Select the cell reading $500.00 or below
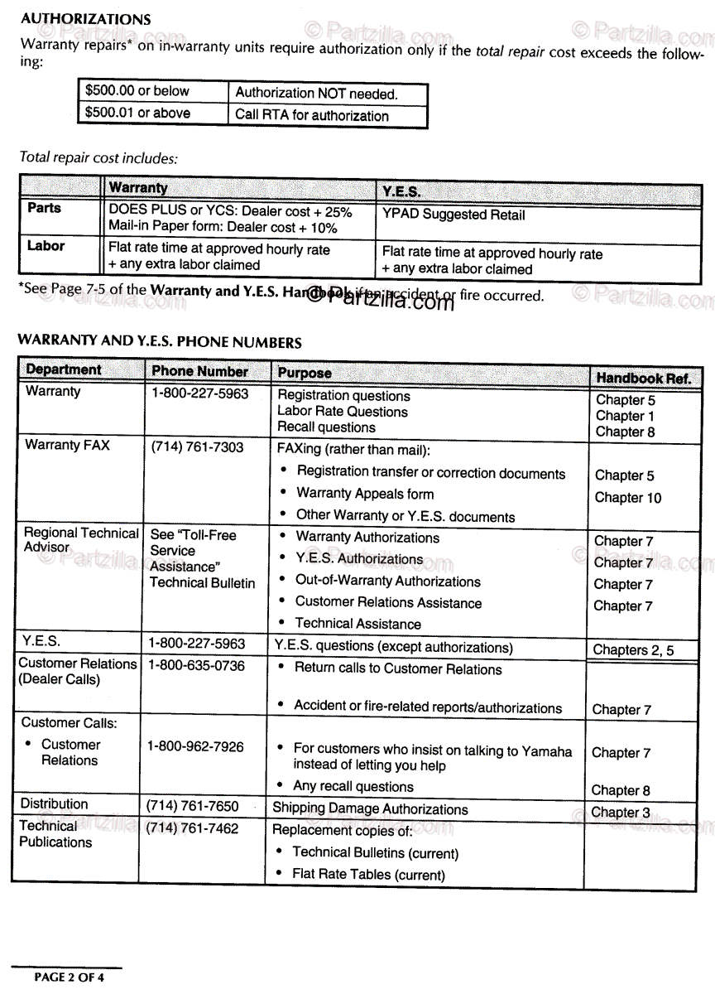point(137,91)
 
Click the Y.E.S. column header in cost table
point(401,191)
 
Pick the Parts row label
point(44,208)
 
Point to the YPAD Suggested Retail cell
point(453,215)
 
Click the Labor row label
point(46,246)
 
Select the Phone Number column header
point(200,372)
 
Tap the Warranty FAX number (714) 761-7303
point(197,446)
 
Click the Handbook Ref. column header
point(643,378)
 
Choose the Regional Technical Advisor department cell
point(81,540)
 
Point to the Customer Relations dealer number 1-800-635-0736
point(196,665)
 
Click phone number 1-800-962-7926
point(195,746)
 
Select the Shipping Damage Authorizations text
point(370,808)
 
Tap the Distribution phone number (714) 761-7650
point(192,806)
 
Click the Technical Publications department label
point(55,834)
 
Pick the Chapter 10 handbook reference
point(628,498)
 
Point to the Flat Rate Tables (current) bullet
point(368,874)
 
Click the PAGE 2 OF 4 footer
point(69,977)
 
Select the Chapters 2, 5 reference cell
point(633,650)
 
